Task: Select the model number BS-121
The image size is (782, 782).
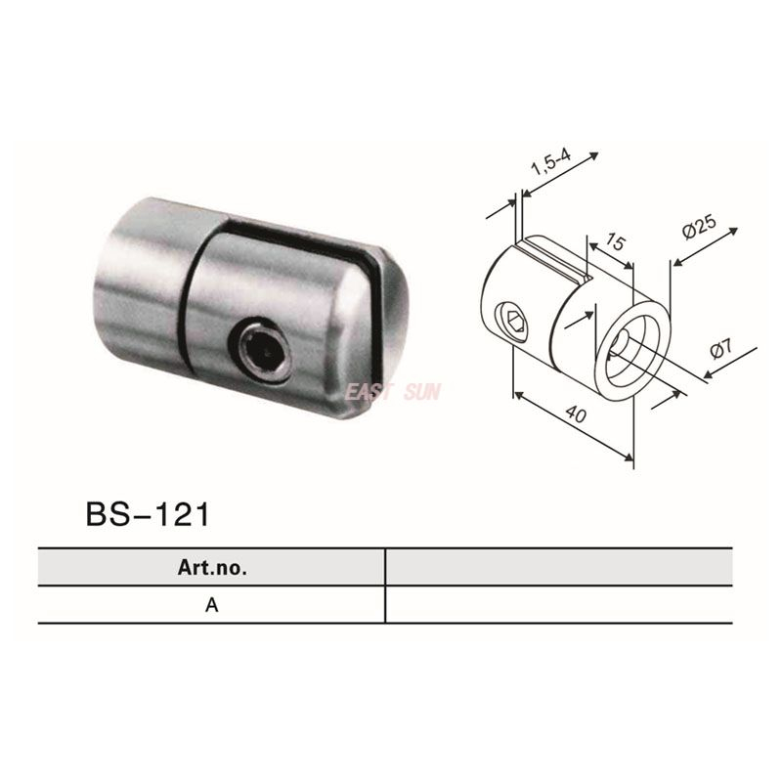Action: tap(148, 514)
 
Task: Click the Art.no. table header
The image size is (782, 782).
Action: tap(212, 566)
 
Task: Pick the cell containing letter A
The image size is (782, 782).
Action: tap(212, 604)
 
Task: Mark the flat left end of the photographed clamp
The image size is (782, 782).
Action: tap(108, 283)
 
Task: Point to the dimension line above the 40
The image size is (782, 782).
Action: tap(573, 422)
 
